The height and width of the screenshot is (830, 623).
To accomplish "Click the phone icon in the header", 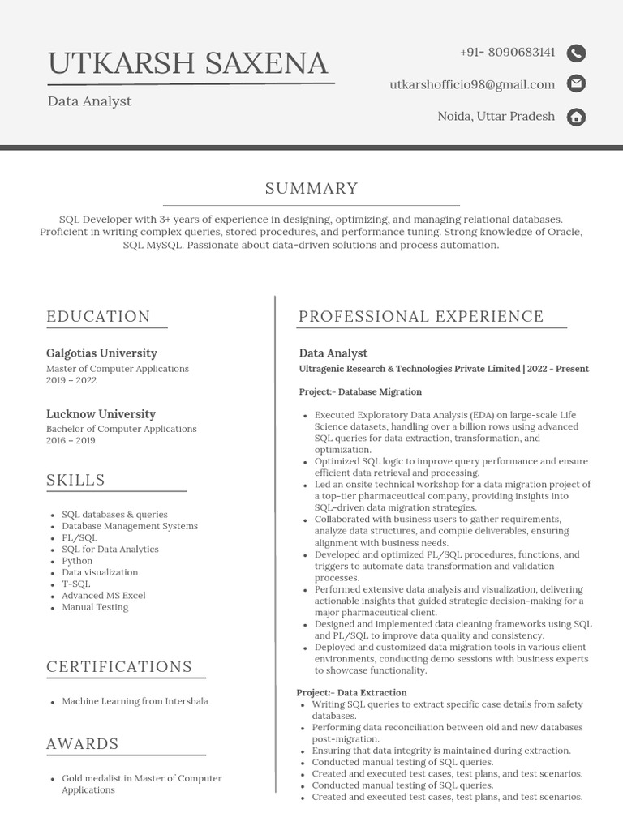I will coord(576,53).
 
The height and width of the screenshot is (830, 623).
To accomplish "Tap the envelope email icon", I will coord(576,83).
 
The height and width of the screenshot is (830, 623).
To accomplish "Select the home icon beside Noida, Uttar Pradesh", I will coord(576,117).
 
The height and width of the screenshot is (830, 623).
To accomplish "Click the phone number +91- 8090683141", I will coord(507,53).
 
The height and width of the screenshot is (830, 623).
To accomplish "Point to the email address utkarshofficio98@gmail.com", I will coord(472,84).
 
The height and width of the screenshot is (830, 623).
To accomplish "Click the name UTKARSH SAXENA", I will coord(187,63).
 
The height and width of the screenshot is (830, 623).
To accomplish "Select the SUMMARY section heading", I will coord(311,189).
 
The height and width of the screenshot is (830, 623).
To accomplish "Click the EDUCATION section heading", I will coord(98,317).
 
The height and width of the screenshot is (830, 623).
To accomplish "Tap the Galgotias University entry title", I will coord(101,353).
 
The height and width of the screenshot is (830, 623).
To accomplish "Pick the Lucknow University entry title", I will coord(101,414).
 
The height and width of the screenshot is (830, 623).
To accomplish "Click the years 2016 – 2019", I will coord(71,441).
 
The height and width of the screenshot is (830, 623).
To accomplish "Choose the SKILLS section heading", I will coord(75,481).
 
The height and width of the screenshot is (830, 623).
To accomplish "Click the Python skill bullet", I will coord(77,561).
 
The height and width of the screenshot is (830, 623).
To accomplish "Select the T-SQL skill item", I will coord(76,584).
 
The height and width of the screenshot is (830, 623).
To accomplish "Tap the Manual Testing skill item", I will coord(95,607).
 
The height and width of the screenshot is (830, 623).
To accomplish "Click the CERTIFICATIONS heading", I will coord(119,667).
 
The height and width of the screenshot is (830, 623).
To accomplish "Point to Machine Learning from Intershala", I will coord(135,701).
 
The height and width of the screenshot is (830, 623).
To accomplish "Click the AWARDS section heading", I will coord(83,744).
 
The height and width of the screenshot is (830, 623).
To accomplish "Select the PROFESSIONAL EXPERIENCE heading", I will coord(421,317).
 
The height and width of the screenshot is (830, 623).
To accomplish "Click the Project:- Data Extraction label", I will coord(351,693).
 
